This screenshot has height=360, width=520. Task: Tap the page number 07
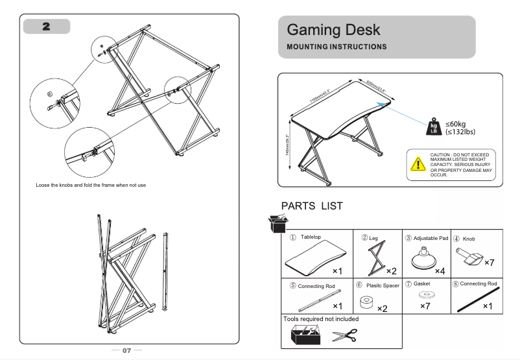(x=127, y=350)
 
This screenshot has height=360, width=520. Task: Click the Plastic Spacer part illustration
(x=369, y=302)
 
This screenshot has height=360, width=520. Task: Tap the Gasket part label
(x=421, y=285)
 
